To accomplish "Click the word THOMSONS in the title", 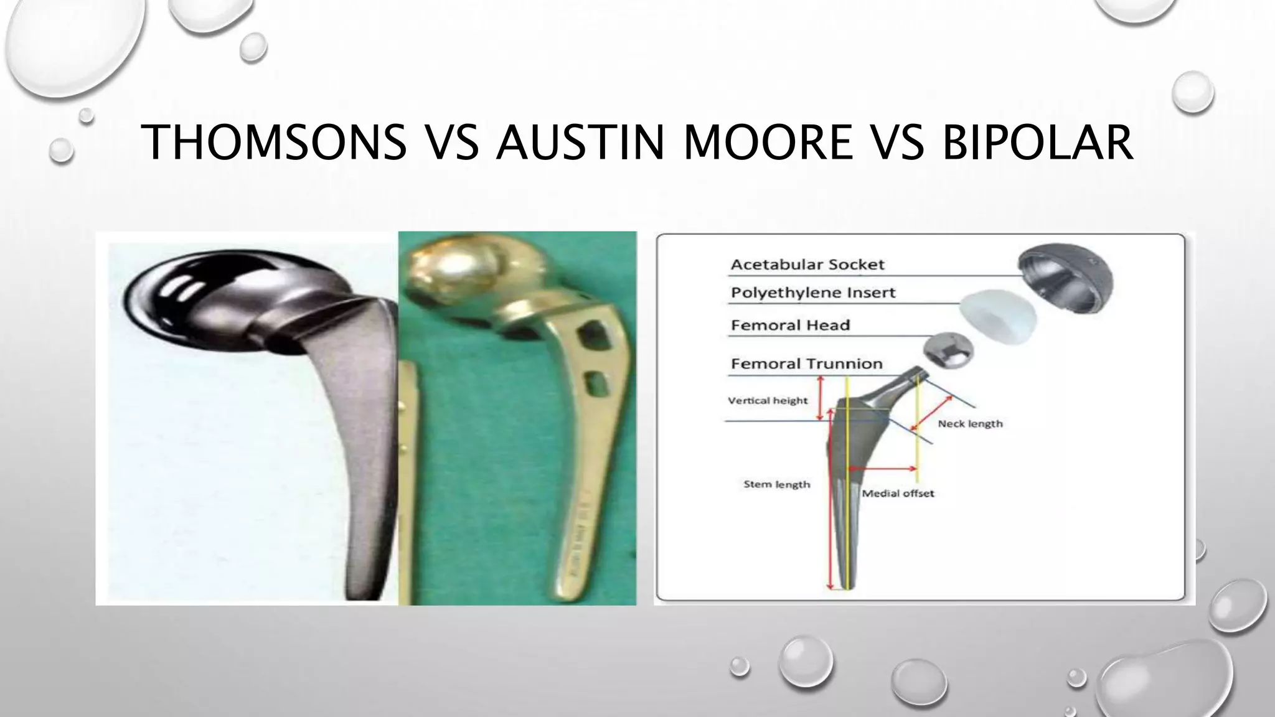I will click(x=274, y=143).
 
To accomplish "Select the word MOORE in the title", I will click(x=768, y=143).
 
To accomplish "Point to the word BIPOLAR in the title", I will click(x=1037, y=143).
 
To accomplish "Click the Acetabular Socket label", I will click(x=807, y=265).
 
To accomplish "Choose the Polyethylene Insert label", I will click(x=813, y=293).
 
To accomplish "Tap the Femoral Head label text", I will click(x=790, y=325).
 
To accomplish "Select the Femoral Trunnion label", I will click(x=806, y=363).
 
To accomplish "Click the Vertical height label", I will click(x=768, y=400).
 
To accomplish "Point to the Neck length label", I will click(x=970, y=424).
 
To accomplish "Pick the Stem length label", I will click(x=777, y=484).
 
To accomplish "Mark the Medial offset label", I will click(x=898, y=493).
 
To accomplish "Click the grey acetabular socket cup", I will click(x=1064, y=277).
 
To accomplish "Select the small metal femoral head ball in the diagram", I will click(x=944, y=353).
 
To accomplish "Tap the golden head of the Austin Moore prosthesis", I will click(x=448, y=274).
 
